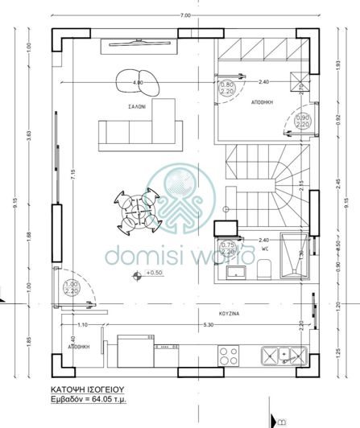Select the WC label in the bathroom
(264, 249)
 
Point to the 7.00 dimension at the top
(186, 15)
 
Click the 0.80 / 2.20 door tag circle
(227, 88)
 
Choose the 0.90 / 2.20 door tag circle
(303, 122)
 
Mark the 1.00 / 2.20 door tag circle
(72, 288)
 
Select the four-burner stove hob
(229, 354)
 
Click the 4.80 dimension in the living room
(137, 82)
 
